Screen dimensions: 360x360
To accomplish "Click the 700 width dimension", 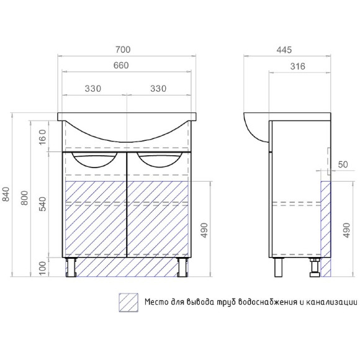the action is click(x=123, y=50).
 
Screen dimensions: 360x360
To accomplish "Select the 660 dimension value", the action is click(x=121, y=65).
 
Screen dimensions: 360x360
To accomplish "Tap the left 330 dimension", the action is click(x=93, y=88).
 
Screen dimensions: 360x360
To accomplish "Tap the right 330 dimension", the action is click(x=158, y=88).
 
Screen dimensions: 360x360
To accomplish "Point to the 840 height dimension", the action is click(x=6, y=194).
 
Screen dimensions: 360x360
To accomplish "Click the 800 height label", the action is click(x=24, y=198).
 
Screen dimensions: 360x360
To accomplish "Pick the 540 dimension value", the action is click(x=43, y=204).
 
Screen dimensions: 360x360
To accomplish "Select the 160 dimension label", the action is click(x=43, y=137).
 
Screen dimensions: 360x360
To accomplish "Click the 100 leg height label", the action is click(x=43, y=268).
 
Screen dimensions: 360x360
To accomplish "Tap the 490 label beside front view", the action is click(x=204, y=230).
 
